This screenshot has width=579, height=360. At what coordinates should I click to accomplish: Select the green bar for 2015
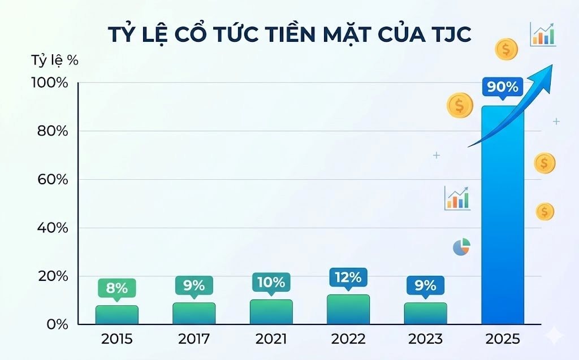116,315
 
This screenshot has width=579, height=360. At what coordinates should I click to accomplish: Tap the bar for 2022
348,310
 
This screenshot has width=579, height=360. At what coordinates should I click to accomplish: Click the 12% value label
348,277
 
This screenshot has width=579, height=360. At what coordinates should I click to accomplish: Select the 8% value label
116,288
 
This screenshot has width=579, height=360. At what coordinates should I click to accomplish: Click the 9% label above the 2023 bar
425,285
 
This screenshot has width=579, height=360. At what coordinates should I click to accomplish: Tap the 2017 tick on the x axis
193,340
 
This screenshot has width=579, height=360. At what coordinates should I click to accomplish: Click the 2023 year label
425,340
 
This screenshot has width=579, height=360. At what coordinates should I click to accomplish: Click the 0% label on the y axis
58,324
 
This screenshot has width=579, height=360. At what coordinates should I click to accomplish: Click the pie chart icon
461,247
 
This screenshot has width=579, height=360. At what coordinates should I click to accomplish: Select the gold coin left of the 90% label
460,105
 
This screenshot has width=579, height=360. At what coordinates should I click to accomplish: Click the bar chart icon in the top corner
543,34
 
